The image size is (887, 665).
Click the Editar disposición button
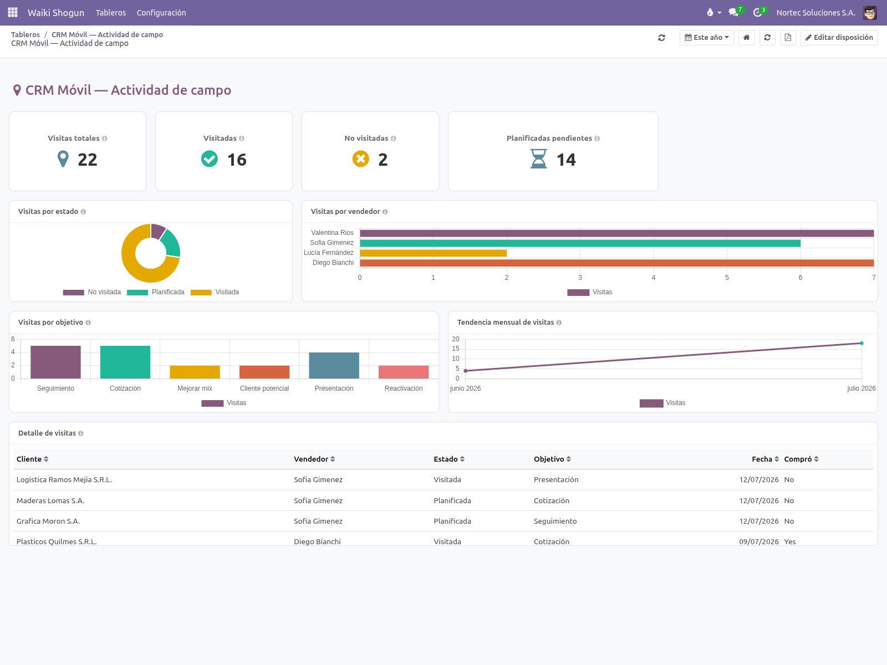(x=839, y=38)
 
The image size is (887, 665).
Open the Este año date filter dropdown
(x=706, y=38)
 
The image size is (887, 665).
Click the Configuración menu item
(x=161, y=13)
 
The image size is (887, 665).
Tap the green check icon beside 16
(x=210, y=158)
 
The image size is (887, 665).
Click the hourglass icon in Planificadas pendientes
(x=539, y=158)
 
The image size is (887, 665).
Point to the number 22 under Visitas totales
(x=87, y=160)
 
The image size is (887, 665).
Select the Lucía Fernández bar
(x=433, y=253)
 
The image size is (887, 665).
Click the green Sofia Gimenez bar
(x=580, y=243)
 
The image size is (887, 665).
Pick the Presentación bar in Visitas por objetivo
(x=334, y=365)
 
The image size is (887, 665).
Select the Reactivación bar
(x=403, y=372)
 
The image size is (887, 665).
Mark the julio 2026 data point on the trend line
(x=861, y=343)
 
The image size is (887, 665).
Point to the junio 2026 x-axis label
(x=465, y=388)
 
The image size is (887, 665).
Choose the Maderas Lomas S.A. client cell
(x=50, y=500)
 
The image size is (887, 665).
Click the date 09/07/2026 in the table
(x=758, y=541)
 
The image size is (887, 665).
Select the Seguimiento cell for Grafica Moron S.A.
(x=555, y=521)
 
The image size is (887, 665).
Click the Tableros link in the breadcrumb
(x=26, y=35)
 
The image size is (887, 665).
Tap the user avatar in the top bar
(x=870, y=13)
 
